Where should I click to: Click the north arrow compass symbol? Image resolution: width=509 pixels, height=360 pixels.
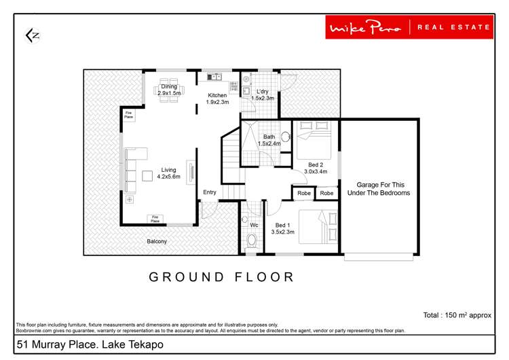pyautogui.click(x=32, y=35)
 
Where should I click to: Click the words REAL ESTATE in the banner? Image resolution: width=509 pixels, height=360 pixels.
pyautogui.click(x=453, y=27)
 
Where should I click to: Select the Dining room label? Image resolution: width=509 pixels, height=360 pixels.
pyautogui.click(x=169, y=89)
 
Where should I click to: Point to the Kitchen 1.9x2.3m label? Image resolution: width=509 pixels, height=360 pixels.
pyautogui.click(x=217, y=99)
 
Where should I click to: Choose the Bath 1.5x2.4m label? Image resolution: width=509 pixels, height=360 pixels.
pyautogui.click(x=269, y=140)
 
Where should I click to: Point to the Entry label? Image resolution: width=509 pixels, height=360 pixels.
pyautogui.click(x=210, y=192)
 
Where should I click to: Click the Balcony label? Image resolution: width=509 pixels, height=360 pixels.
pyautogui.click(x=157, y=241)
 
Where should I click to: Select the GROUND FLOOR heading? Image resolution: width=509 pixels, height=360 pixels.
pyautogui.click(x=222, y=277)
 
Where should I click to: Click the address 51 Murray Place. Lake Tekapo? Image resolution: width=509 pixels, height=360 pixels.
pyautogui.click(x=90, y=345)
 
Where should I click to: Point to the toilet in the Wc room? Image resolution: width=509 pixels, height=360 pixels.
pyautogui.click(x=252, y=239)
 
